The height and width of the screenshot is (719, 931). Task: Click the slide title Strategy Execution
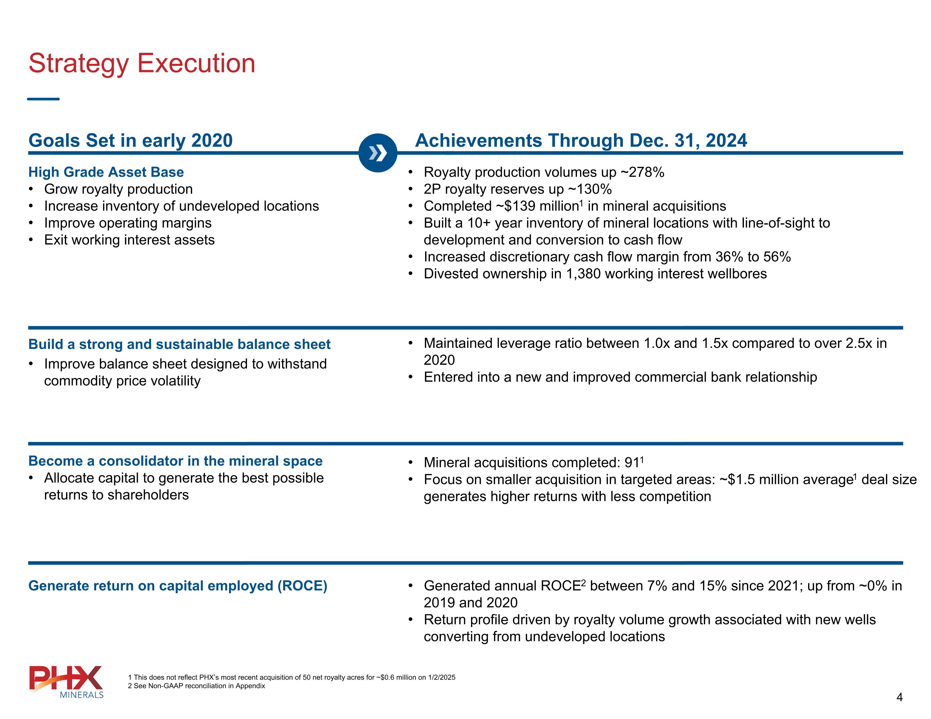[142, 63]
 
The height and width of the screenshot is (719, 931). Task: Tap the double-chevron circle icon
[378, 153]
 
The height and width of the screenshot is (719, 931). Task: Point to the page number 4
[899, 697]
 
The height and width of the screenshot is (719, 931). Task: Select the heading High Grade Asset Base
[106, 172]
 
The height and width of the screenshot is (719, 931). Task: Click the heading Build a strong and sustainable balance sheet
[179, 344]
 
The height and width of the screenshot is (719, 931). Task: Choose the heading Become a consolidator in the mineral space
[175, 461]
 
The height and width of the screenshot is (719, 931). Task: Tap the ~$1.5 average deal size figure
[737, 480]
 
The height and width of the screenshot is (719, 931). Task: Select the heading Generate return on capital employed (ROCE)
[178, 585]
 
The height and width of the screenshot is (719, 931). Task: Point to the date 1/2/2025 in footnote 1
[442, 677]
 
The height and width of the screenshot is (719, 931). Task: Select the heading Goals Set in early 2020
[130, 140]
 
